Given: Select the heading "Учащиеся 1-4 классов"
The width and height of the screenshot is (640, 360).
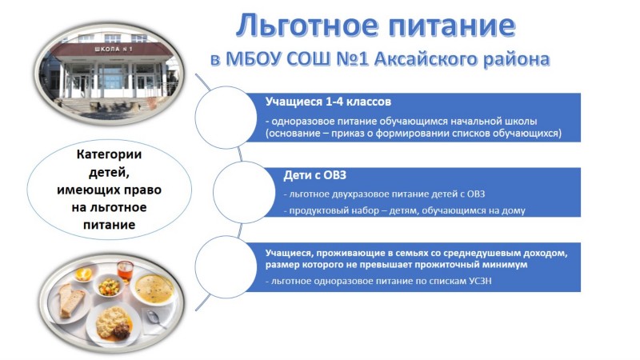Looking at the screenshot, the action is click(328, 102).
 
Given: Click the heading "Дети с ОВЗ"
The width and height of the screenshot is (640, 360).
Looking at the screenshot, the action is click(314, 175).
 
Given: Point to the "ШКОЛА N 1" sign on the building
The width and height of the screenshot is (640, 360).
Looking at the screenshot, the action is click(113, 50).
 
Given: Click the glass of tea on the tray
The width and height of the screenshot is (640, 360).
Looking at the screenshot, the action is click(126, 271).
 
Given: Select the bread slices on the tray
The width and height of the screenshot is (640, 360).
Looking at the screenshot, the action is click(71, 300).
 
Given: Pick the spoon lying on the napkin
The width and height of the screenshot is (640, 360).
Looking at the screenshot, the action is click(156, 318).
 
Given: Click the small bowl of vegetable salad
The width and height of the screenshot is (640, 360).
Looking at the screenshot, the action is click(109, 286).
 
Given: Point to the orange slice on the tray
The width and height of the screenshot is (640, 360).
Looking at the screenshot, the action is click(84, 274).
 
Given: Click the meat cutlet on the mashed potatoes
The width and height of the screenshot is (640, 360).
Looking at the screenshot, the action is click(122, 330).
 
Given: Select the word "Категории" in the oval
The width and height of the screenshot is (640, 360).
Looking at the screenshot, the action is click(109, 154).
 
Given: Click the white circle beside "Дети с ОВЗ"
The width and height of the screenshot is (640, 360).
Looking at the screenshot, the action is click(244, 192).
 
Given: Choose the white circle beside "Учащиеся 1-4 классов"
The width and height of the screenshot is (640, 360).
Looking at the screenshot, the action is click(226, 117).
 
